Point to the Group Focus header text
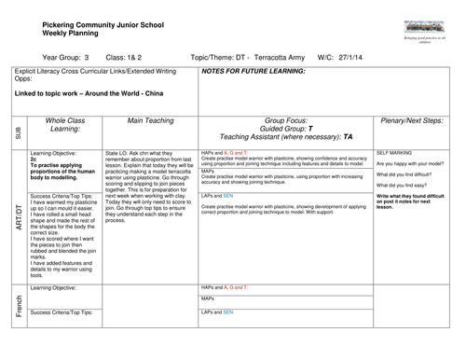click(x=283, y=120)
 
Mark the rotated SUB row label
click(x=18, y=132)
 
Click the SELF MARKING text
click(x=394, y=151)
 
